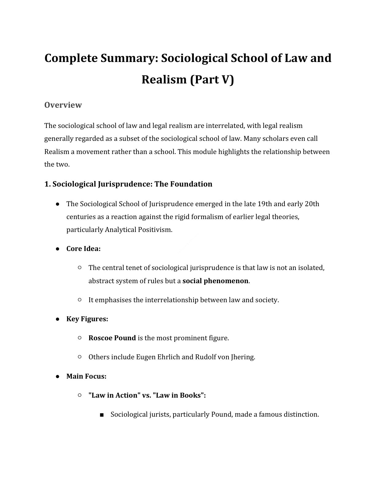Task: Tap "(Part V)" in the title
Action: click(x=212, y=80)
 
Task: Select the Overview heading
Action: click(x=63, y=105)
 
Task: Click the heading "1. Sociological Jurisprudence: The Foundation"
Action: click(x=128, y=184)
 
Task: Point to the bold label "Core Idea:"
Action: click(x=84, y=249)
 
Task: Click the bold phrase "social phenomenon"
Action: click(x=215, y=281)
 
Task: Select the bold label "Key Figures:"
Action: click(x=87, y=319)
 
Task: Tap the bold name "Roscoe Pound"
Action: click(x=112, y=338)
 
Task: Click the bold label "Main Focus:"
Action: click(x=86, y=376)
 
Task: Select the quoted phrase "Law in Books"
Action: click(x=178, y=395)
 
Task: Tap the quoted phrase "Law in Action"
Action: click(x=113, y=395)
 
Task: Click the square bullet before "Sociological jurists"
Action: click(x=102, y=415)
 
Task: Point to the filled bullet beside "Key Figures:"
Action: click(x=57, y=319)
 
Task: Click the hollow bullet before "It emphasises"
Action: click(x=80, y=300)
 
